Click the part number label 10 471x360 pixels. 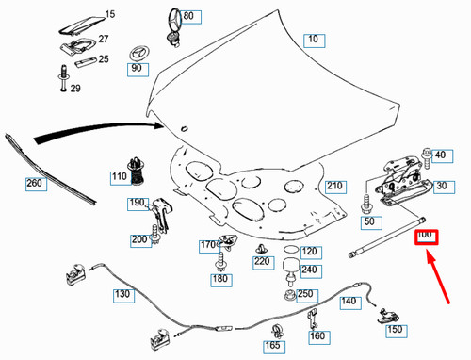(313, 40)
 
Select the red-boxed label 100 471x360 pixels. (425, 235)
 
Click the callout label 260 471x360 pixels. (35, 183)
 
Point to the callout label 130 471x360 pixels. (124, 295)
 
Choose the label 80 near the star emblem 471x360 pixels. (187, 17)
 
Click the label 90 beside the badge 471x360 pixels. (137, 69)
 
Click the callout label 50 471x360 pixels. (369, 221)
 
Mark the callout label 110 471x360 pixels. (119, 177)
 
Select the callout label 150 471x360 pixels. (394, 331)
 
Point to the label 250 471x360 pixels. (305, 295)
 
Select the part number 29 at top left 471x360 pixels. (74, 89)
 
